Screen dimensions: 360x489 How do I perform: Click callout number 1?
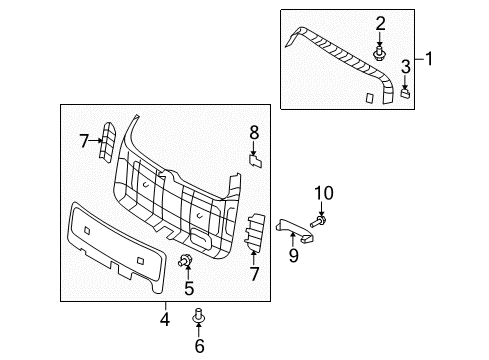(x=430, y=59)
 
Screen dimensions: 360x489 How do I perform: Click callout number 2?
(x=380, y=23)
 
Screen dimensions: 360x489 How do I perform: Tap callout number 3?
(x=405, y=66)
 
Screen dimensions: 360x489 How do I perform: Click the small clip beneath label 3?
(x=405, y=92)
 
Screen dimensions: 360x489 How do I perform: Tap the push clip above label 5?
(x=185, y=263)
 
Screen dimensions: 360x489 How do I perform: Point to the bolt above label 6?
(x=198, y=317)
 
